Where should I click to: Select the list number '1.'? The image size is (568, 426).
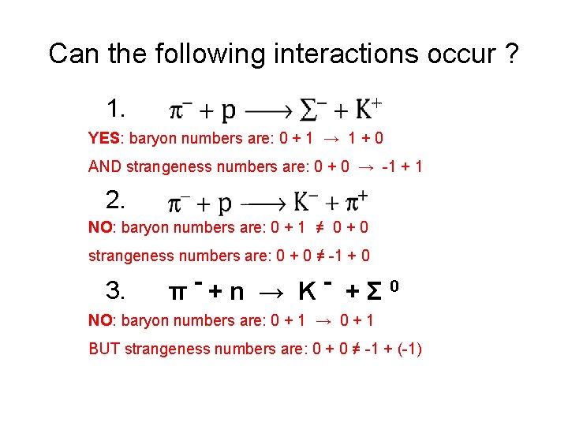click(x=118, y=107)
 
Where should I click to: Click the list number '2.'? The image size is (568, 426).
click(x=118, y=200)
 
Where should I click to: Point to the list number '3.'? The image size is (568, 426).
click(x=118, y=291)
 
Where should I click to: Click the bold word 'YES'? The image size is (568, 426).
click(x=103, y=139)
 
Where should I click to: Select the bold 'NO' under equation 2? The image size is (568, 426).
click(x=99, y=228)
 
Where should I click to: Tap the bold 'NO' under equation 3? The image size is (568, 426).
click(x=99, y=320)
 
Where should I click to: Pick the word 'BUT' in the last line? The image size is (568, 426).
click(x=105, y=349)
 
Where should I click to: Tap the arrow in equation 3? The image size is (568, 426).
click(x=271, y=293)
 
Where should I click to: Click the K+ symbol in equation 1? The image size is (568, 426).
click(x=367, y=110)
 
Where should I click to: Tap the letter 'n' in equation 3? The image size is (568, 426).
click(x=236, y=293)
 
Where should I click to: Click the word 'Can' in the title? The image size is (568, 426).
click(x=70, y=54)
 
